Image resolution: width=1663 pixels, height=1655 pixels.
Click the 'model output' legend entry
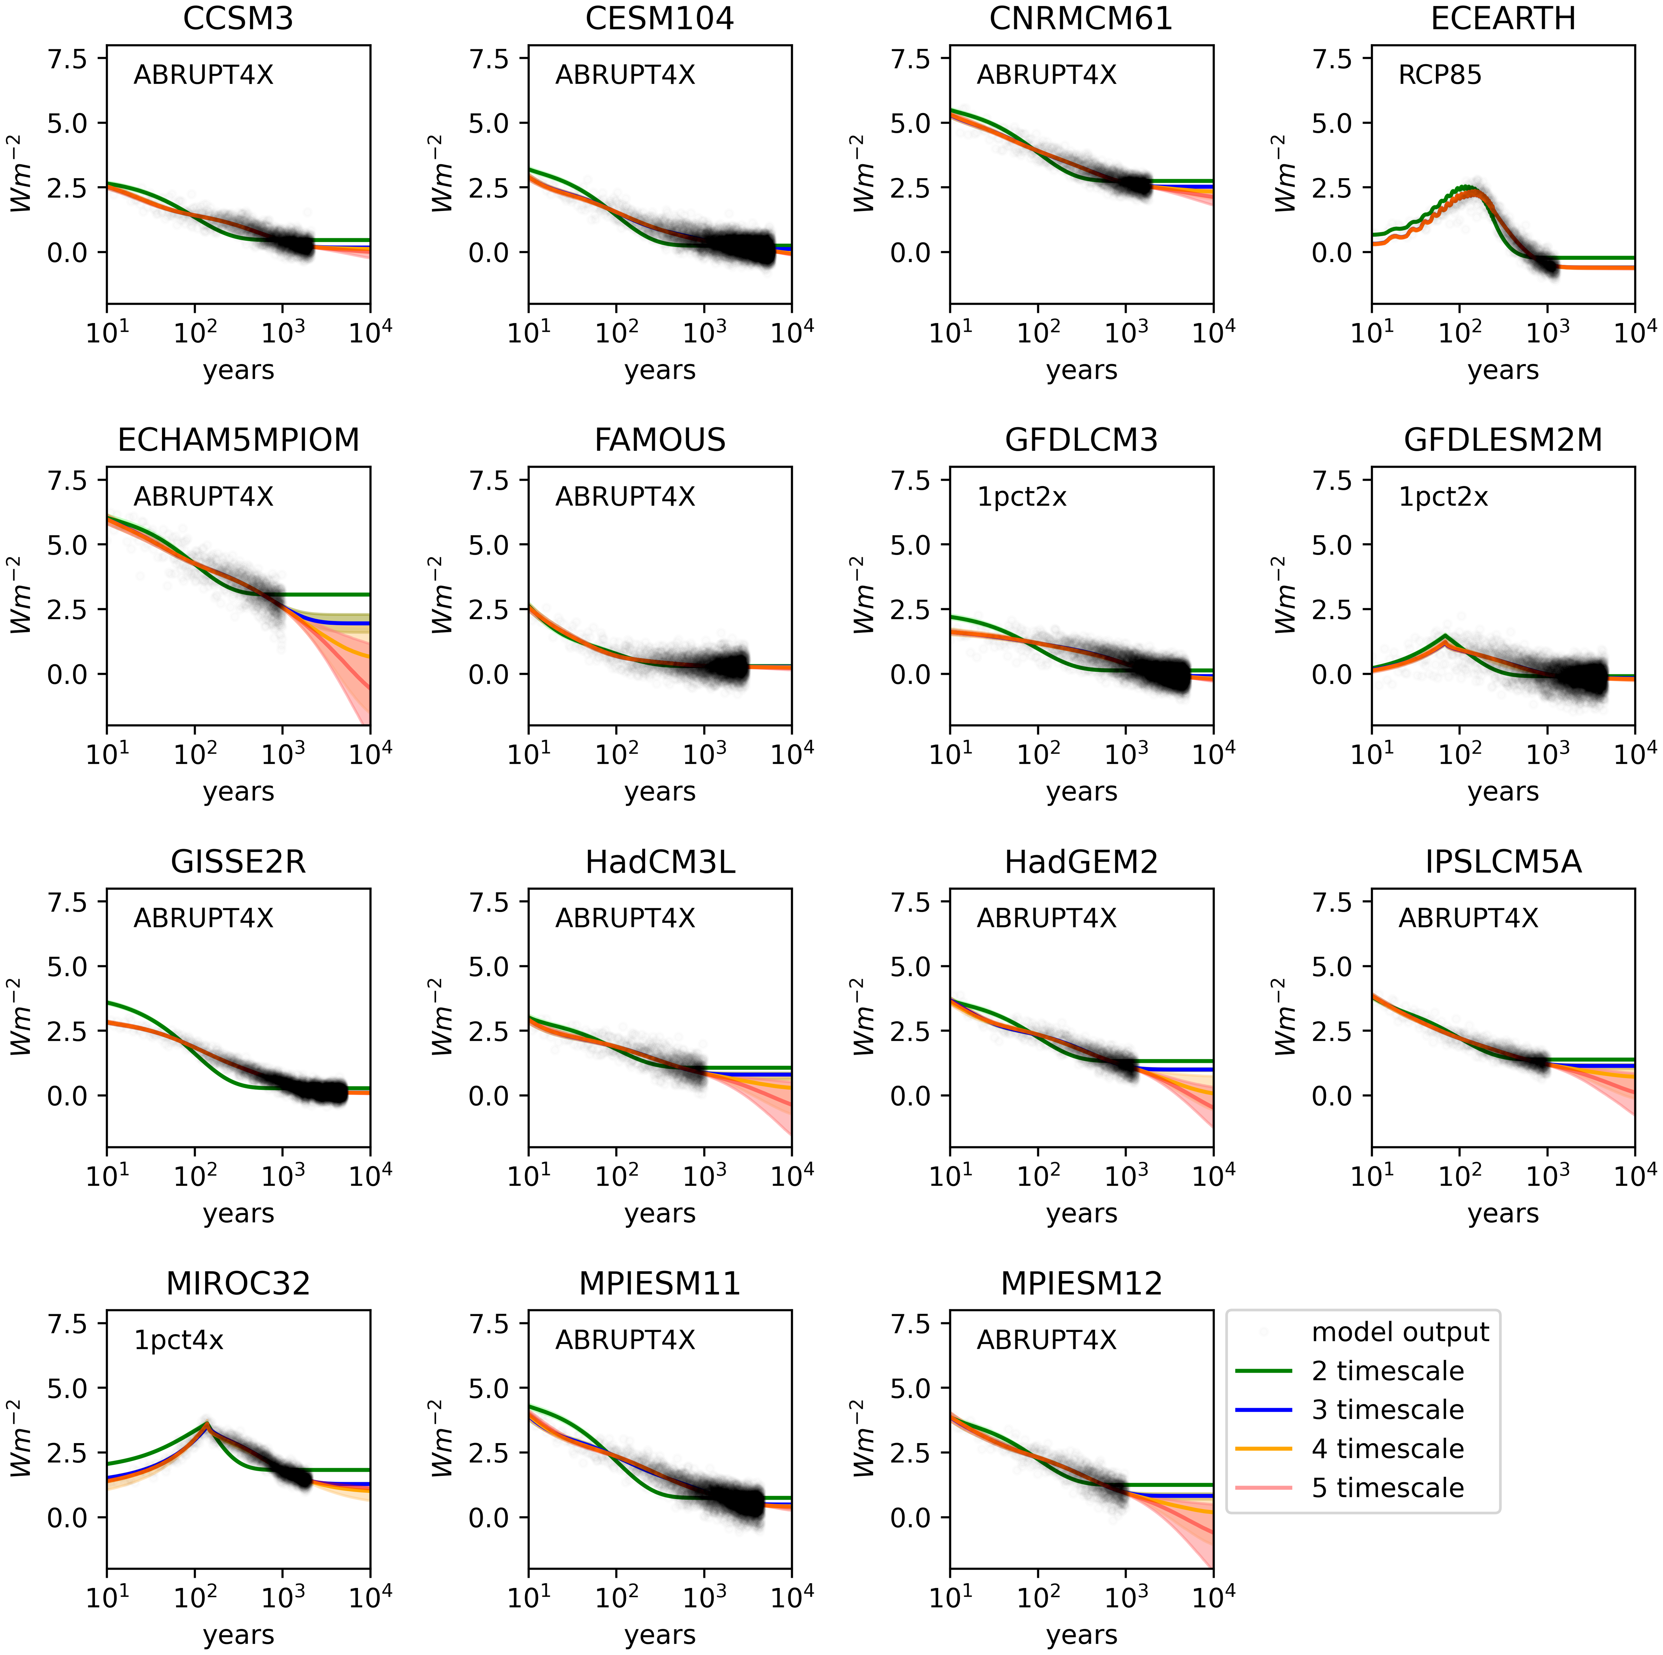pos(1400,1332)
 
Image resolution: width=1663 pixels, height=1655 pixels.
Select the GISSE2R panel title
pos(238,862)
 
